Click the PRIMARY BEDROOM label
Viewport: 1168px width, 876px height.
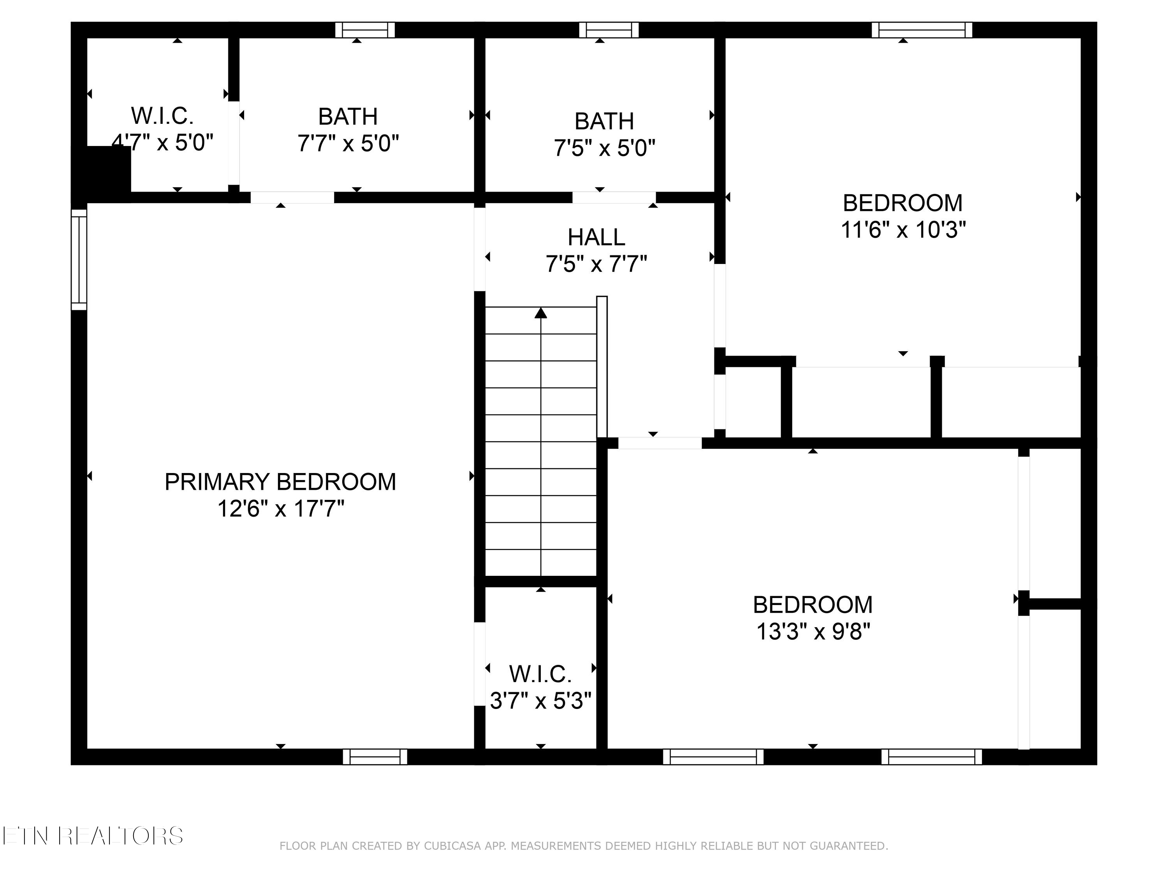[280, 482]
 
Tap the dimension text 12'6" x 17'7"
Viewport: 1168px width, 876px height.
[280, 509]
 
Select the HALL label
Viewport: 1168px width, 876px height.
[596, 237]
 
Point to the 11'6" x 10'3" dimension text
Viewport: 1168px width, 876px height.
[903, 230]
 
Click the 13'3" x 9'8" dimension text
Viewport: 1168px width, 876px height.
[813, 631]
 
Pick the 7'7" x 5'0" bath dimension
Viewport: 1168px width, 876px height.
[348, 143]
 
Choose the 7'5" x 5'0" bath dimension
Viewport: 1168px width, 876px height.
[604, 148]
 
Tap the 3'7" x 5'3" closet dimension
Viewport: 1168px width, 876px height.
[540, 701]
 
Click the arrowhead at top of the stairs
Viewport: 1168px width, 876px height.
[540, 313]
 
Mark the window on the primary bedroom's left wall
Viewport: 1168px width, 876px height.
[79, 259]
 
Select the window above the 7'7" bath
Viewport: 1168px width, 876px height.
[365, 30]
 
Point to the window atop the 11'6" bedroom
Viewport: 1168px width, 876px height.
[922, 30]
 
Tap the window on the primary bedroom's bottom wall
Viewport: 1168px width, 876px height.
[375, 756]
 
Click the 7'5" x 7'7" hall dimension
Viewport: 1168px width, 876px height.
[596, 264]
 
